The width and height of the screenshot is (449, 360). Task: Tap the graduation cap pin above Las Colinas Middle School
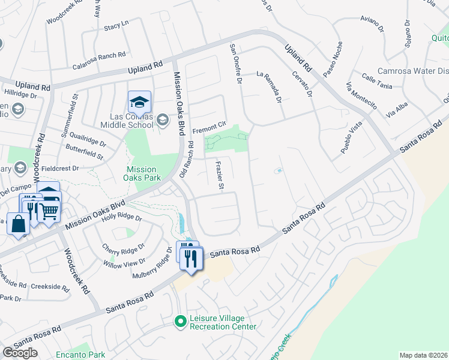(x=139, y=102)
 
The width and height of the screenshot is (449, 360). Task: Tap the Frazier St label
(x=220, y=175)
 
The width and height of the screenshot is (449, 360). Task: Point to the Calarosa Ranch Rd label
(x=99, y=54)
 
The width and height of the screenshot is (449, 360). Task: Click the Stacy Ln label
(x=116, y=26)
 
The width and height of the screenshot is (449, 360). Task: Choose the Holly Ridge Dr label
(x=122, y=218)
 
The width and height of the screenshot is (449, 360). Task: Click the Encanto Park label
(x=80, y=355)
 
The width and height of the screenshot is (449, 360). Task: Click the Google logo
(x=20, y=353)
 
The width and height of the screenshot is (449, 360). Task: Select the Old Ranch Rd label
(x=187, y=159)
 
